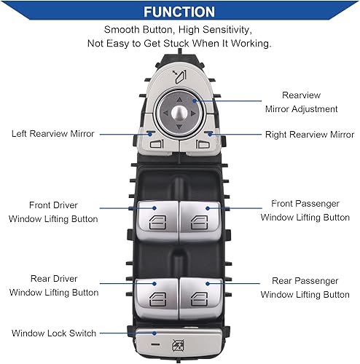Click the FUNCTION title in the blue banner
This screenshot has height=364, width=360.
click(x=179, y=12)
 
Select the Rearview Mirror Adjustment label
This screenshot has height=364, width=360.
click(x=300, y=102)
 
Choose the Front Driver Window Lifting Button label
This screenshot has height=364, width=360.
click(x=53, y=211)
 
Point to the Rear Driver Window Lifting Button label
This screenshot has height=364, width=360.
click(x=53, y=285)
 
